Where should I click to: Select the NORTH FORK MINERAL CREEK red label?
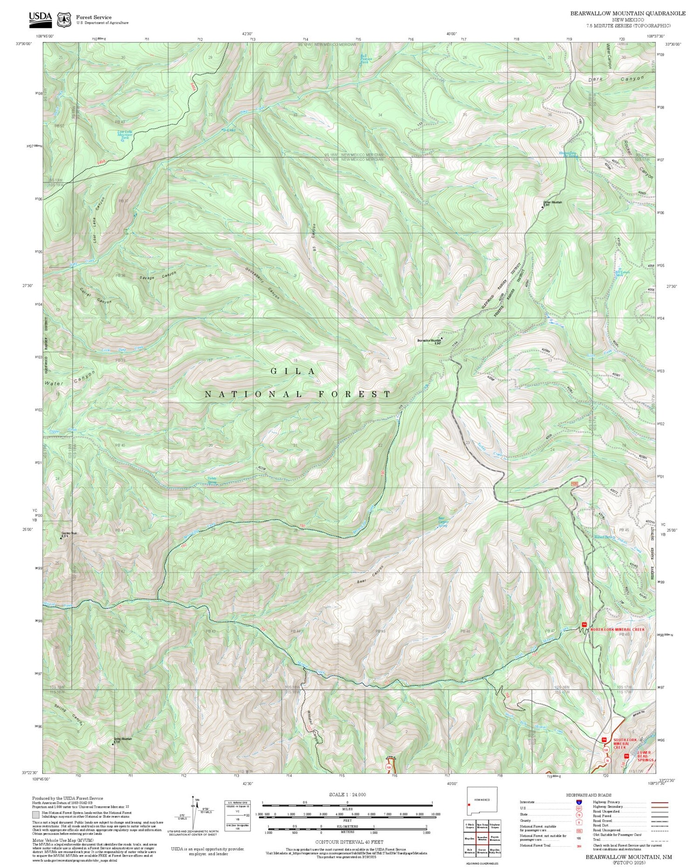(617, 629)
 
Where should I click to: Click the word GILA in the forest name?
(293, 371)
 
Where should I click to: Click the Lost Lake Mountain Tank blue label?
(124, 135)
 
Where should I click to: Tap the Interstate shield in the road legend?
(579, 802)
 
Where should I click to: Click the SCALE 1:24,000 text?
(347, 795)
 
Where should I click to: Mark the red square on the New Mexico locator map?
(469, 804)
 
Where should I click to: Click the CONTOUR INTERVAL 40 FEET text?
(347, 842)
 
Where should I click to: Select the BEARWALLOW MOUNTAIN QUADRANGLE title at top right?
(628, 14)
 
